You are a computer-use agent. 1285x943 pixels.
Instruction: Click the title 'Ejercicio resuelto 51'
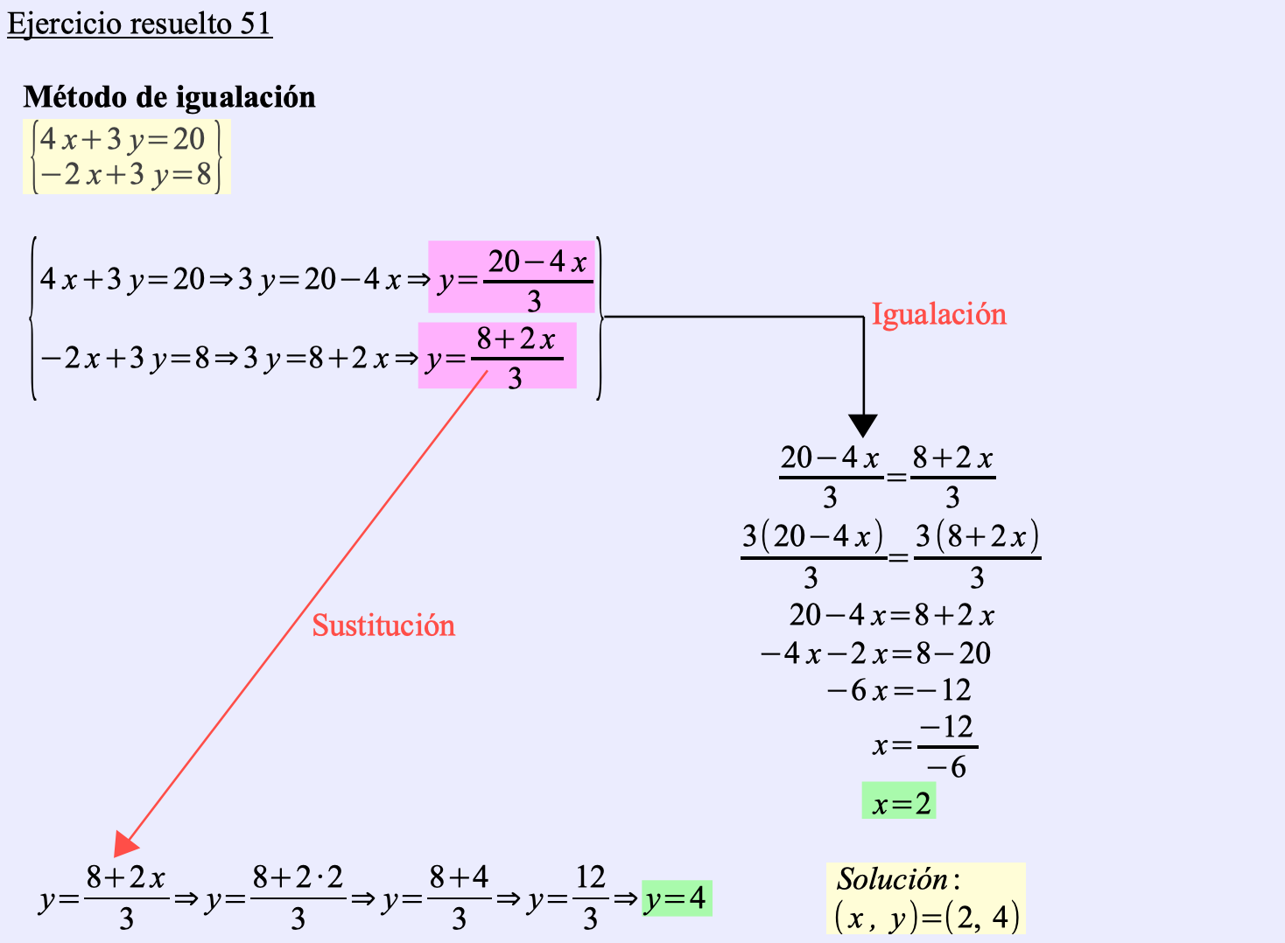pos(139,24)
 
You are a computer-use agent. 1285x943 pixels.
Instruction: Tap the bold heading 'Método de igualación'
pos(169,96)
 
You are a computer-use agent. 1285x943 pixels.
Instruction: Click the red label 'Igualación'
pos(939,315)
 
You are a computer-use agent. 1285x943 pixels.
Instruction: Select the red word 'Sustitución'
pos(383,625)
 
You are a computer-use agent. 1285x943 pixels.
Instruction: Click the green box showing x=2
pos(898,800)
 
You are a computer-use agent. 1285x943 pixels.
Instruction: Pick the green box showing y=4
pos(677,898)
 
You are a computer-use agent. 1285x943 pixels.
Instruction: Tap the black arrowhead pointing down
pos(863,425)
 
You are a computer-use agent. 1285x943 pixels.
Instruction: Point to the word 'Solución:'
pos(898,879)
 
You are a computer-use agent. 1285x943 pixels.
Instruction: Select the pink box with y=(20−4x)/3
pos(511,277)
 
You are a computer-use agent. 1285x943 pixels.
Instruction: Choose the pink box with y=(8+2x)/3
pos(497,355)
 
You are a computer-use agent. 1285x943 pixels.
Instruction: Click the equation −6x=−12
pos(899,689)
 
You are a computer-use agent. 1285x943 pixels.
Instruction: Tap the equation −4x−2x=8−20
pos(875,653)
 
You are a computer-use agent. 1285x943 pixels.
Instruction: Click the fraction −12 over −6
pos(947,746)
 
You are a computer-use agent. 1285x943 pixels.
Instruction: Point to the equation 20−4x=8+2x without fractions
pos(891,615)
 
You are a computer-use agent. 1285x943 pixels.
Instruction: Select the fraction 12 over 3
pos(590,898)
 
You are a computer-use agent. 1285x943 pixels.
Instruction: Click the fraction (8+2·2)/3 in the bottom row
pos(298,898)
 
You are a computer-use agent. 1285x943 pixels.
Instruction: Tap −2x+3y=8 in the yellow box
pos(126,174)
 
